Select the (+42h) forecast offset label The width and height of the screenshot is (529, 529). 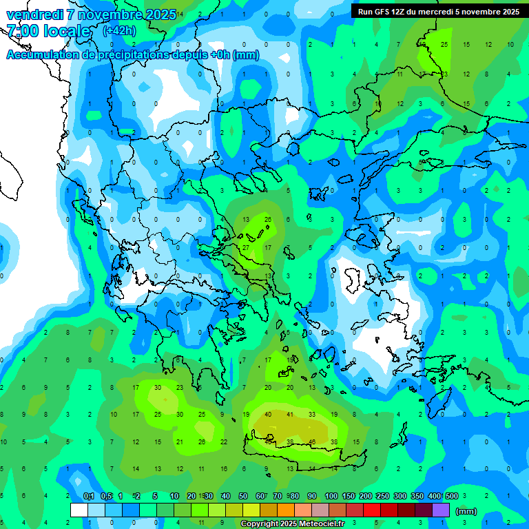click(x=118, y=31)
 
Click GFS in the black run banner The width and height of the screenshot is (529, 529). click(x=386, y=11)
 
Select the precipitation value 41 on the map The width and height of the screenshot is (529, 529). click(x=290, y=415)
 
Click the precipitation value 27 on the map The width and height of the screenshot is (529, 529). click(x=246, y=247)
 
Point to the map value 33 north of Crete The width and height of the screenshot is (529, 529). click(x=312, y=415)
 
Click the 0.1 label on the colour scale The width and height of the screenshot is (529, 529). click(x=89, y=496)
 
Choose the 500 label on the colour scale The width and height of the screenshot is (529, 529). click(x=451, y=496)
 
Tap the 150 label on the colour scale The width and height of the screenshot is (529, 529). click(x=348, y=496)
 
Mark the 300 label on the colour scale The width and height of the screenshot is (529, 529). click(x=400, y=496)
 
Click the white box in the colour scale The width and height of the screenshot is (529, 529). click(x=79, y=510)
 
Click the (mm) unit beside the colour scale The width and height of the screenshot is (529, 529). click(x=466, y=511)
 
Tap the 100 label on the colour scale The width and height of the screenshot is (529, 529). click(x=331, y=496)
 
